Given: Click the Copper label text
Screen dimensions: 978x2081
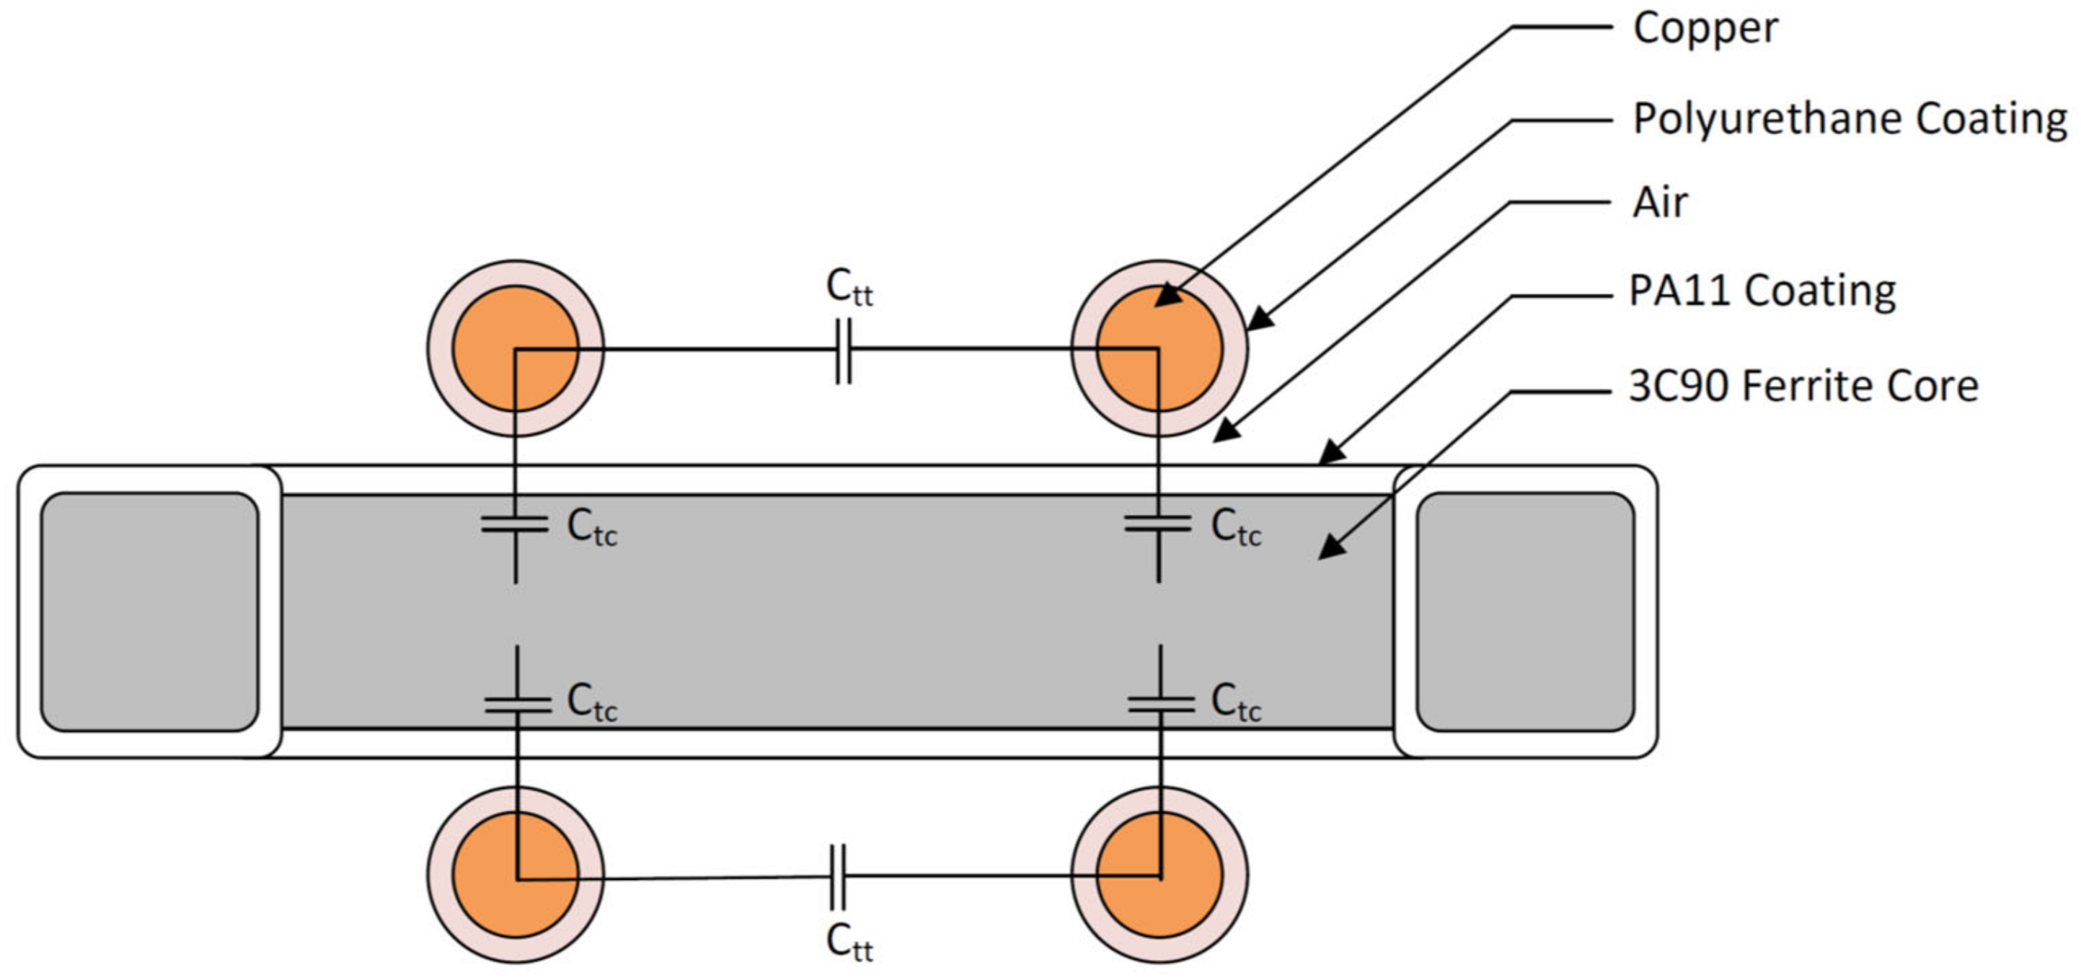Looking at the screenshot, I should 1705,29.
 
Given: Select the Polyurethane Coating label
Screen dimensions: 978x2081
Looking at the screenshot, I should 1849,120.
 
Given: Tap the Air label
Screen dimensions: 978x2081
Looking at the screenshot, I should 1659,202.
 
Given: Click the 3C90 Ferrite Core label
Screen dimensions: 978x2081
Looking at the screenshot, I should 1803,387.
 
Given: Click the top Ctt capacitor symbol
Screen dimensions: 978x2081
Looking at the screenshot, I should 843,350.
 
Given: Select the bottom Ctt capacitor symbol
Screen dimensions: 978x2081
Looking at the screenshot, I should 838,876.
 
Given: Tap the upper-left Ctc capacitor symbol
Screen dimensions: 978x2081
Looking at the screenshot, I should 515,524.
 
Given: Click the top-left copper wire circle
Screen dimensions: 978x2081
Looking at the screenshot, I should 516,348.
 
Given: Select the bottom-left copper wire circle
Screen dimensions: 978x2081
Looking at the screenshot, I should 516,875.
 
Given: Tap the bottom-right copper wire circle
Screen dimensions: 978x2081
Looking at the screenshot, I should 1159,875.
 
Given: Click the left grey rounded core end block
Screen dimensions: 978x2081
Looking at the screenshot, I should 149,612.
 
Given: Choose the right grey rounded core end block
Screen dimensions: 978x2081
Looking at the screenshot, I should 1525,612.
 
